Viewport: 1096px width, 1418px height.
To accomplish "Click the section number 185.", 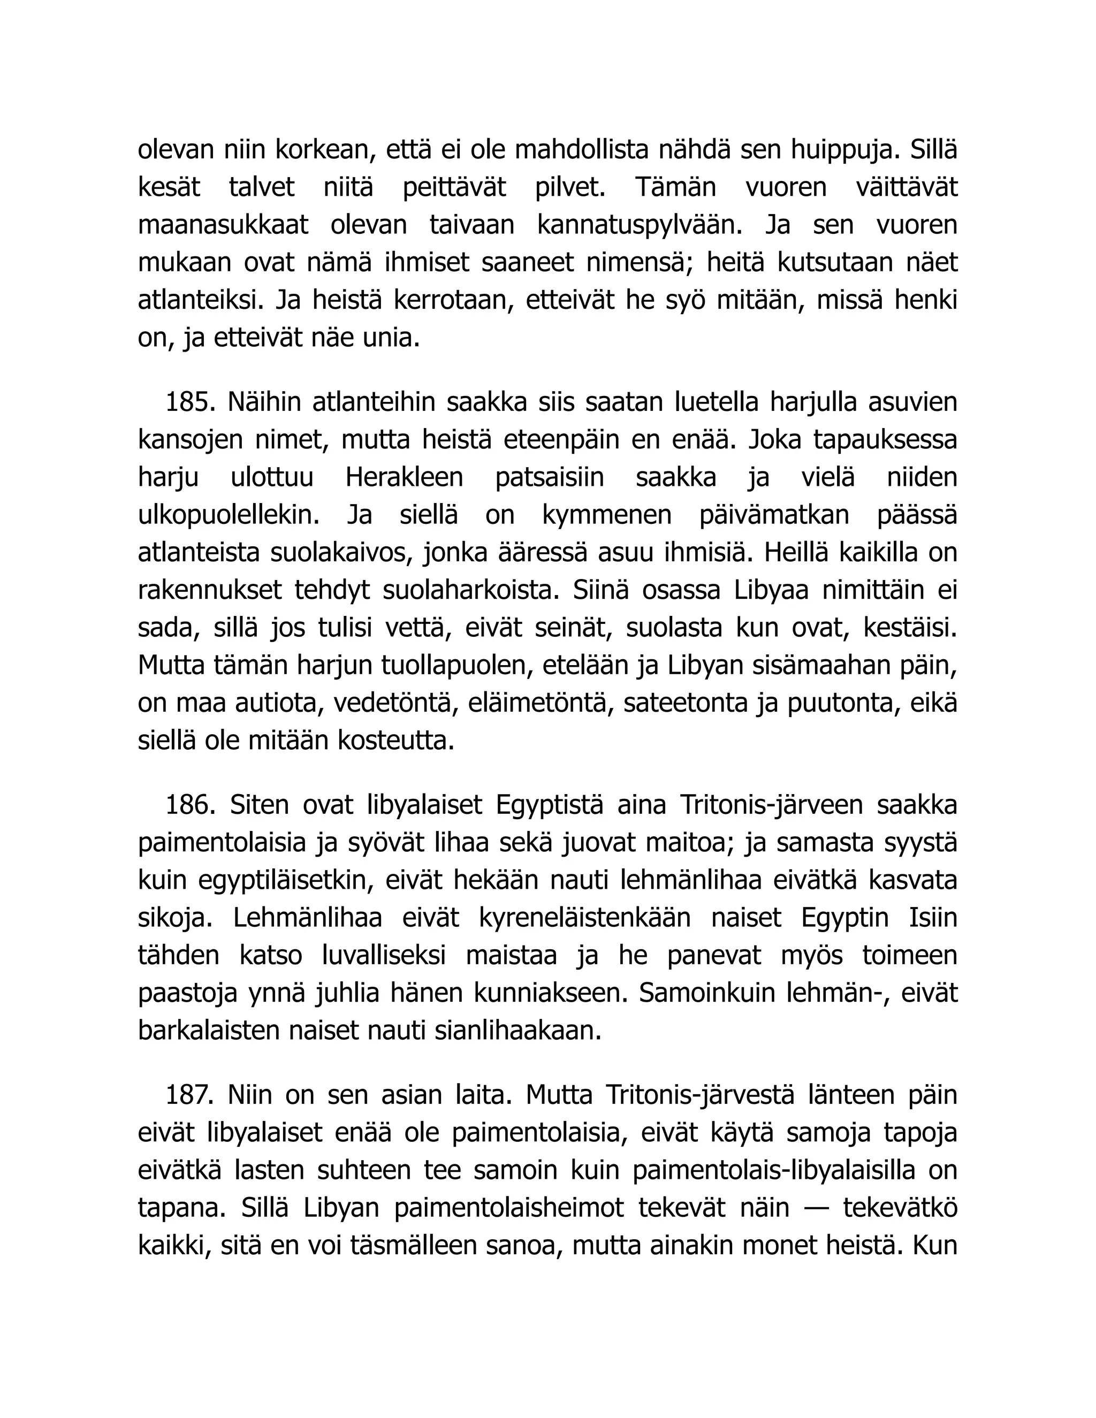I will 190,402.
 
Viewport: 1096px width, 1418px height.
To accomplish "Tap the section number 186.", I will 190,805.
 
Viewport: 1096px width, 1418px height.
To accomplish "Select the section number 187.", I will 190,1095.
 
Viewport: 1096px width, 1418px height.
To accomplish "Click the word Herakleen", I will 404,478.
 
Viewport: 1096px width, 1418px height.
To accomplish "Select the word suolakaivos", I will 341,553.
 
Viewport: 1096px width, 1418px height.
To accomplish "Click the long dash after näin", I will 816,1208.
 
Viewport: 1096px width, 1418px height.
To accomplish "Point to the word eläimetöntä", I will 536,704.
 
